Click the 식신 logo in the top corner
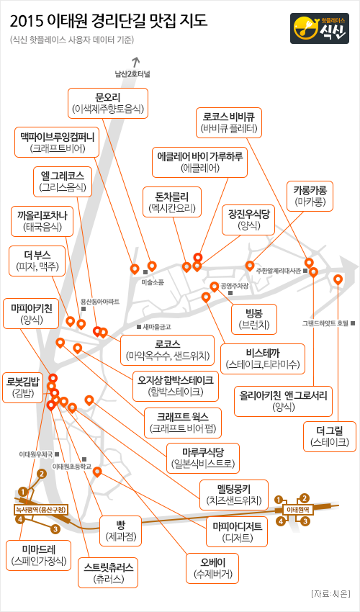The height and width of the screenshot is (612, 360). coord(320,28)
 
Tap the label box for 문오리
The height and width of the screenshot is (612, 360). coord(108,103)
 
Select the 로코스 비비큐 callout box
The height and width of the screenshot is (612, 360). coord(229,122)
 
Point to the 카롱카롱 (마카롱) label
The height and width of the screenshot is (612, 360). coord(310,196)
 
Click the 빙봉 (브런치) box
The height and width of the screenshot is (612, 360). coord(254,319)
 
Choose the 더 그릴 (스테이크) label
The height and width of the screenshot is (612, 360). coord(330,437)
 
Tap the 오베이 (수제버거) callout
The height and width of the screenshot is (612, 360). coord(212,568)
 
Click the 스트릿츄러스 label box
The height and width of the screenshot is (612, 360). coord(108,572)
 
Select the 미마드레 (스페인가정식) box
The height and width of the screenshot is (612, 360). coord(39,555)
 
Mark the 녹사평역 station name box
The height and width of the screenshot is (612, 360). coord(40,509)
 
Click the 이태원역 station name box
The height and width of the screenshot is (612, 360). coord(298,510)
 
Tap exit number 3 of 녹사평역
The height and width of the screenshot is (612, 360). coord(55,529)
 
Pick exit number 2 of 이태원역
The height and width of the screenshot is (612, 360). coord(305,498)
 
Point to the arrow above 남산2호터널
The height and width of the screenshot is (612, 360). coord(136,62)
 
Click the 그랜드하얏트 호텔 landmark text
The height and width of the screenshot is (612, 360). coord(325,323)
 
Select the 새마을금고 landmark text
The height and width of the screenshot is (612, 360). coord(156,327)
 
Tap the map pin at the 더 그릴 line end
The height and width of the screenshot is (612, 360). coord(338,280)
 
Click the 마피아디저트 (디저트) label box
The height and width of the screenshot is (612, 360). coord(237,531)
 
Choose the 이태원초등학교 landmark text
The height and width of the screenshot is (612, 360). coord(72,467)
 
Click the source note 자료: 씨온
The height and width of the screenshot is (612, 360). coord(330,595)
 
